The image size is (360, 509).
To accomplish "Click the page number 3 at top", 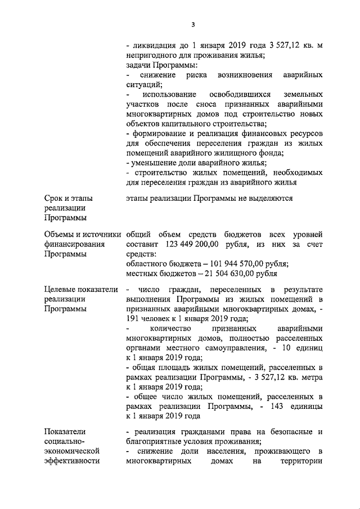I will pos(193,24).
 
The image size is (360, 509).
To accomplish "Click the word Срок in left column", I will pos(55,198).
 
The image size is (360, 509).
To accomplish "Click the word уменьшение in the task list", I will pos(154,163).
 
